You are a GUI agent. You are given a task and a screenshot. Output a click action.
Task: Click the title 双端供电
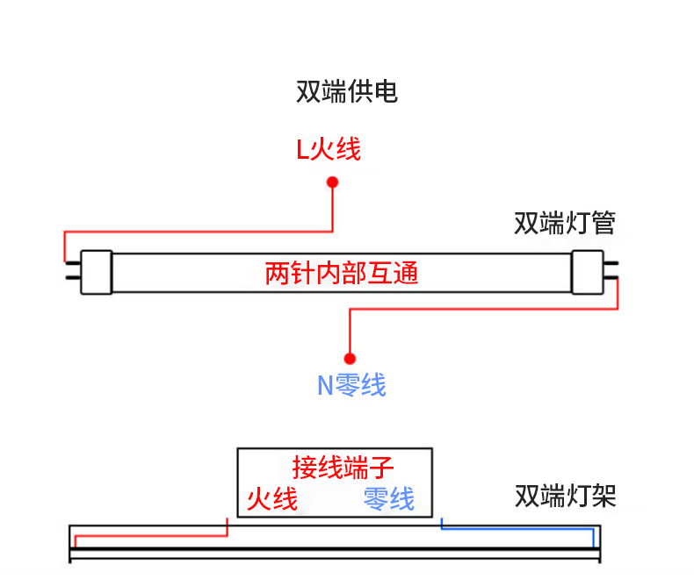[347, 92]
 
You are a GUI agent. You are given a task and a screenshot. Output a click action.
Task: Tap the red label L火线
[329, 150]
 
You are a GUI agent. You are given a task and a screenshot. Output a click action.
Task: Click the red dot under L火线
[332, 182]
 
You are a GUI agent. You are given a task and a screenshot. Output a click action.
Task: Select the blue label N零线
[351, 385]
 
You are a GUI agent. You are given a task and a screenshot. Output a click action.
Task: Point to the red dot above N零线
[350, 358]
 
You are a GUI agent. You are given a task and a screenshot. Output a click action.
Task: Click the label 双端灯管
[565, 224]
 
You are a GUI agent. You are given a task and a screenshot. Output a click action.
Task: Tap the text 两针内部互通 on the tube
[342, 274]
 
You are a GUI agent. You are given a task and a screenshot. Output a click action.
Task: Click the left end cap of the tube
[97, 272]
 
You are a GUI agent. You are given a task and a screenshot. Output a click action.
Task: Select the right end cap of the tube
[586, 272]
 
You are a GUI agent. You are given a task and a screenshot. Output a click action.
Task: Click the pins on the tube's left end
[71, 272]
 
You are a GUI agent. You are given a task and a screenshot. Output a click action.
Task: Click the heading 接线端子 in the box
[336, 467]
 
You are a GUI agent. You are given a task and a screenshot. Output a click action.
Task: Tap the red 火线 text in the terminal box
[271, 499]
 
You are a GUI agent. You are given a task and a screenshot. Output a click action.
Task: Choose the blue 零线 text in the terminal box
[388, 499]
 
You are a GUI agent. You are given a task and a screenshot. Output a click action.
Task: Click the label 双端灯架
[565, 497]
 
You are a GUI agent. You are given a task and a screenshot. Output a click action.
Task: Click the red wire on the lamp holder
[149, 534]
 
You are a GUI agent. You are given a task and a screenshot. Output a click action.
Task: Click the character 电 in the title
[386, 92]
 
